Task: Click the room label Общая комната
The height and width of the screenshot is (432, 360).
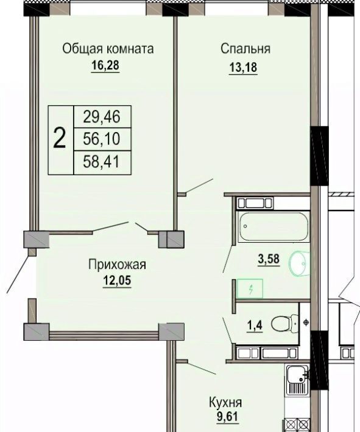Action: click(x=108, y=49)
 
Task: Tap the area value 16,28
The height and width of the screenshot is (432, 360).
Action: click(x=105, y=66)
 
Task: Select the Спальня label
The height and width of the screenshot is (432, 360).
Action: click(x=245, y=49)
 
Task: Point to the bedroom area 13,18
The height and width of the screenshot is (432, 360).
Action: click(x=243, y=67)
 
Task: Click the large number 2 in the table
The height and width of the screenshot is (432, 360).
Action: click(x=60, y=139)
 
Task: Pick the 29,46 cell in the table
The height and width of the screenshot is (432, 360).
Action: click(x=102, y=117)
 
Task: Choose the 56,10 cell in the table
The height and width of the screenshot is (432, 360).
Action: click(x=102, y=139)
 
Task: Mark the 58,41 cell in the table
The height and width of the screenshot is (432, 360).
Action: click(x=102, y=161)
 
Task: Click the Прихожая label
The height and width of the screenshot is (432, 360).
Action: click(x=117, y=265)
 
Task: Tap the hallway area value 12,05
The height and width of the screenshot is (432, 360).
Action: click(x=117, y=281)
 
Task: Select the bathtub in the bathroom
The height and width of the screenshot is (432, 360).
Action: click(x=274, y=227)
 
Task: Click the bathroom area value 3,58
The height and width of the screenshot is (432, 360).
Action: click(x=269, y=259)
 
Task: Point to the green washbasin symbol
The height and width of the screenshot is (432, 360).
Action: click(x=299, y=263)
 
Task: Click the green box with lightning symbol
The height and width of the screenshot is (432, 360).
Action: click(x=250, y=288)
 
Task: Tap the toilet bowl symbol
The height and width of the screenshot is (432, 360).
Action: click(x=284, y=323)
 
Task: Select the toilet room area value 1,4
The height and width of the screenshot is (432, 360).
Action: click(x=255, y=326)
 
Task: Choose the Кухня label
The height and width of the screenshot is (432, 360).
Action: click(x=225, y=403)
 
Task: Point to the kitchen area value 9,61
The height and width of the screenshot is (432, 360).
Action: click(x=227, y=417)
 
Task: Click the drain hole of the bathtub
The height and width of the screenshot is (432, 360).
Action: click(x=245, y=226)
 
